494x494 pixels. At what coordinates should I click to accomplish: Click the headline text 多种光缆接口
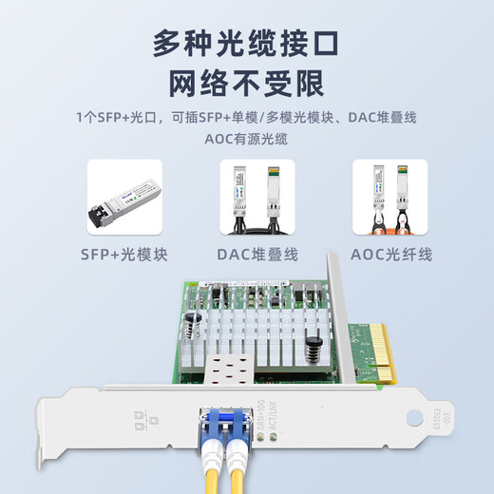[x=247, y=44]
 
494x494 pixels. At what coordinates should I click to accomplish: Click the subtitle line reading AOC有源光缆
[x=247, y=139]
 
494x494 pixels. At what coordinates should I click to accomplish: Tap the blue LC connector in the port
[x=223, y=420]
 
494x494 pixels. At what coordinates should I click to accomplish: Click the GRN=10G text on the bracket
[x=262, y=415]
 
